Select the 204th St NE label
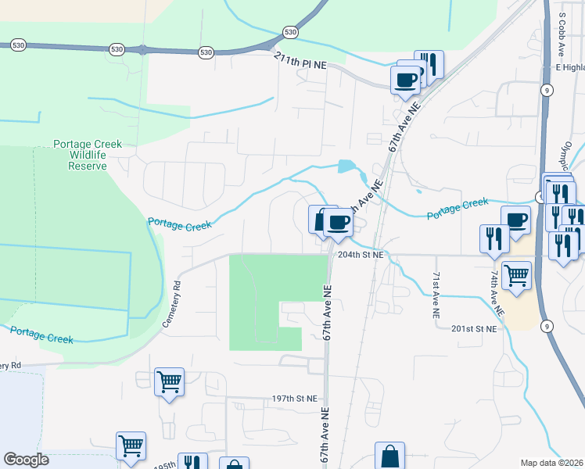point(361,255)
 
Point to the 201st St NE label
point(474,329)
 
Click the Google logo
point(26,460)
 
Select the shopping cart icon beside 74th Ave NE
point(516,275)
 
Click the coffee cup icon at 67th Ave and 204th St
point(338,222)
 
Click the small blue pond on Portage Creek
point(346,166)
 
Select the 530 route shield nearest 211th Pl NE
point(290,32)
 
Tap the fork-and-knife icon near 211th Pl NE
point(429,63)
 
